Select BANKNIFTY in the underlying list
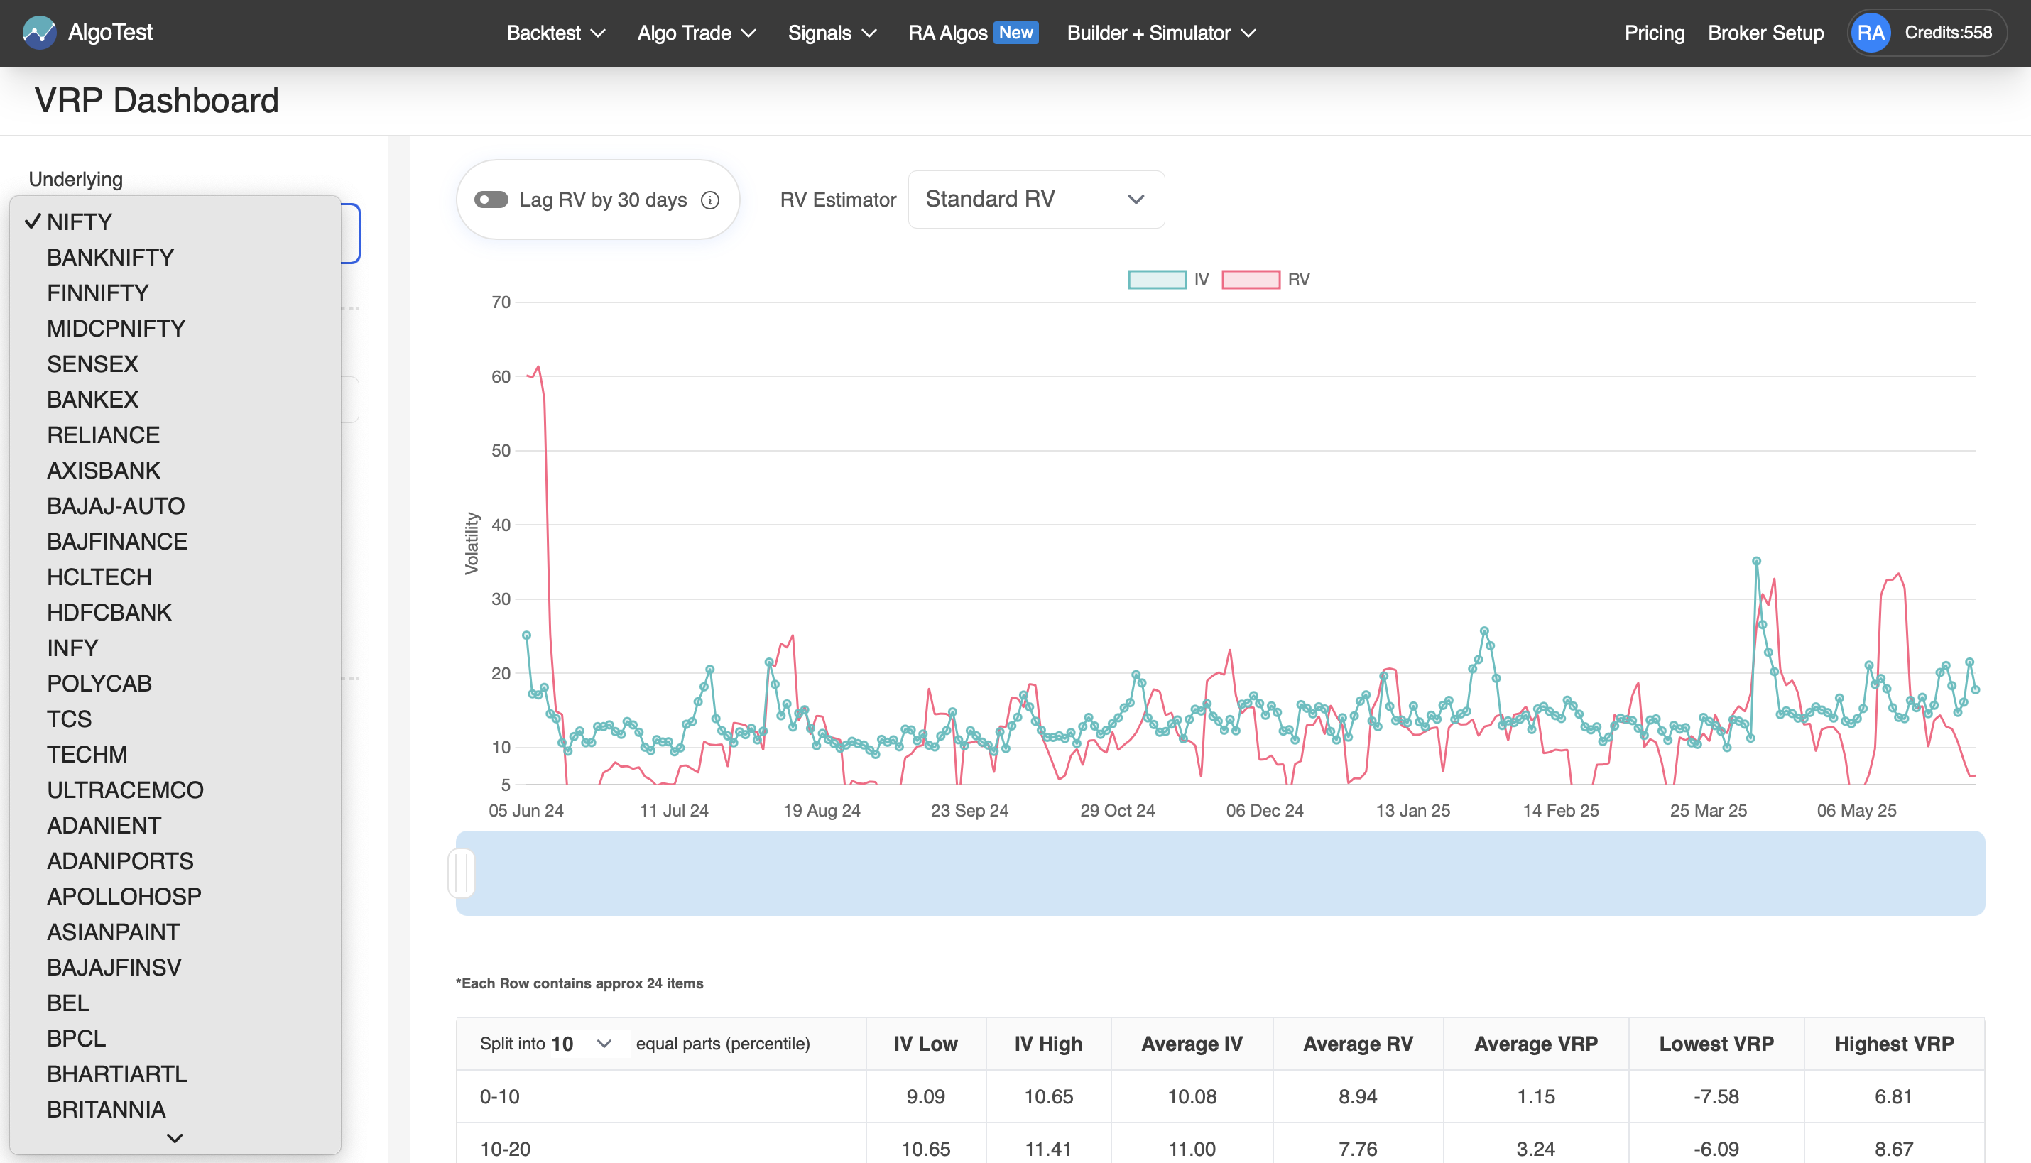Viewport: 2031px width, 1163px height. tap(110, 257)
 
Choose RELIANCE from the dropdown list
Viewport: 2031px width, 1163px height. tap(103, 435)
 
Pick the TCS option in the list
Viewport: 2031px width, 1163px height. tap(69, 719)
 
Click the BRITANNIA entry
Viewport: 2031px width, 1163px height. tap(107, 1110)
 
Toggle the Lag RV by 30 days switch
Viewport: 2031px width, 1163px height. tap(491, 200)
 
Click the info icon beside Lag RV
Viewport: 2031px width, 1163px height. tap(710, 200)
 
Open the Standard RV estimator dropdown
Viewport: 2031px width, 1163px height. tap(1036, 199)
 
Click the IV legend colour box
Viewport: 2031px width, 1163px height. tap(1157, 280)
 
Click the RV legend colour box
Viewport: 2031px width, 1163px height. tap(1250, 280)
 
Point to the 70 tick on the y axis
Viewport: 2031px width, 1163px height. tap(501, 302)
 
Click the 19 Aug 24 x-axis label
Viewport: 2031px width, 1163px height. tap(821, 810)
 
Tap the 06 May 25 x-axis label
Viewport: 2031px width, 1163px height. tap(1856, 810)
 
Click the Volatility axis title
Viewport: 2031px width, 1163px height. tap(472, 543)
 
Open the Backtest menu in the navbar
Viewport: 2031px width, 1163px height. tap(556, 33)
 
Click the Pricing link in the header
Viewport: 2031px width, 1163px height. tap(1654, 33)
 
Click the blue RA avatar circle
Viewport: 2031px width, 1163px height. tap(1871, 33)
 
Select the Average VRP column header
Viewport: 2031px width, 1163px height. tap(1535, 1044)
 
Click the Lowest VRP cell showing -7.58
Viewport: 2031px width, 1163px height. tap(1716, 1097)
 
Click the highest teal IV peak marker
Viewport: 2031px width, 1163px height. tap(1756, 562)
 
